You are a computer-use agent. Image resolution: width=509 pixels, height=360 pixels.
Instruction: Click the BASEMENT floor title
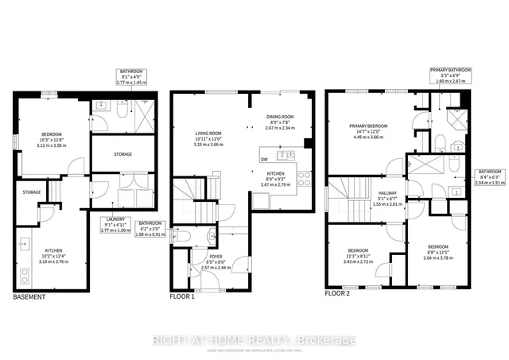29,297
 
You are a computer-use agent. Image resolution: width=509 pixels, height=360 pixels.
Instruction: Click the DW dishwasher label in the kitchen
264,159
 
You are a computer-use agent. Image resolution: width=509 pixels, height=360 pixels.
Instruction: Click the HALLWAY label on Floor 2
379,192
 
